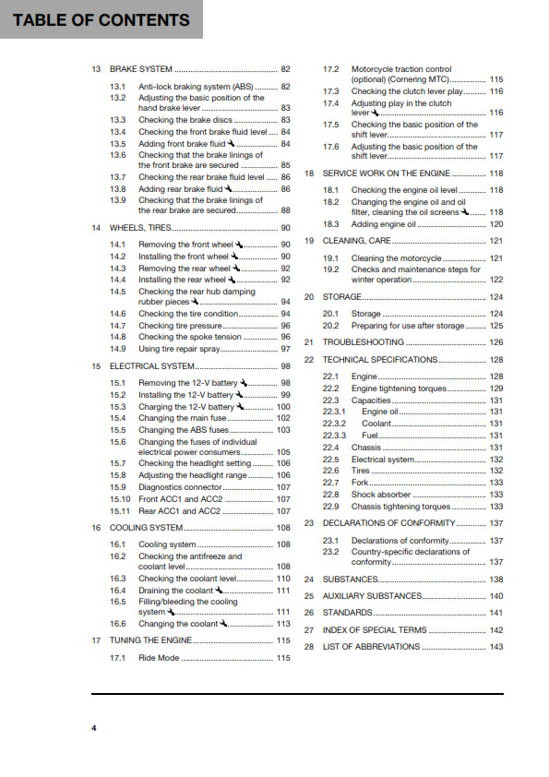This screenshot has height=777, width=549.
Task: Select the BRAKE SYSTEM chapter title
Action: [x=140, y=69]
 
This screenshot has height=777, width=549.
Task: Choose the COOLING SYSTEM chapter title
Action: [x=146, y=528]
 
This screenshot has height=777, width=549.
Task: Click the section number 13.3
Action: [x=118, y=120]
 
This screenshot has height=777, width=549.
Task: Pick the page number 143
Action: [x=496, y=647]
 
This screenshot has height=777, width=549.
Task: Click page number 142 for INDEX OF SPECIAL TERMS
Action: [x=496, y=630]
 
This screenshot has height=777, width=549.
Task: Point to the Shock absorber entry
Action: [x=384, y=495]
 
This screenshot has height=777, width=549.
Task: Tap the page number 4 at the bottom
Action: [x=93, y=729]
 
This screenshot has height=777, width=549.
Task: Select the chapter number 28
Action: [x=310, y=647]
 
